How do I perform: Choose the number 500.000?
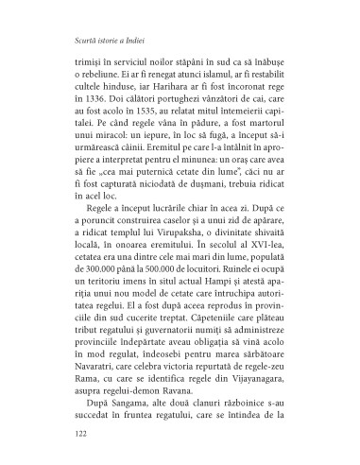point(145,296)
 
